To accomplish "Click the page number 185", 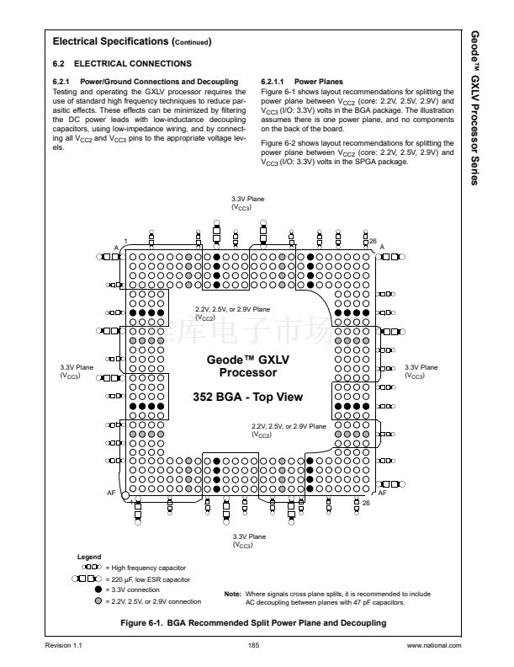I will (253, 645).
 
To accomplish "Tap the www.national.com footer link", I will (434, 645).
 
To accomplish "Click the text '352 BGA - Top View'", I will (247, 396).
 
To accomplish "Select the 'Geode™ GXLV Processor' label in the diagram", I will (247, 365).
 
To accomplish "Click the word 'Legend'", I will (89, 558).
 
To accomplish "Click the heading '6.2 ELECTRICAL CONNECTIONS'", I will (122, 64).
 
